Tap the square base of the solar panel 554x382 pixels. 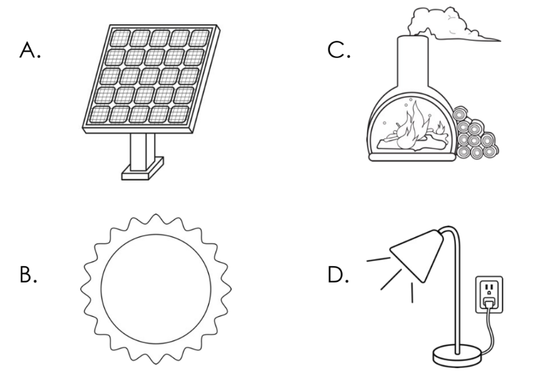141,173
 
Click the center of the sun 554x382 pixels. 156,288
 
